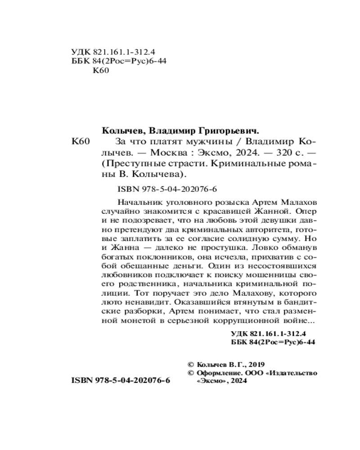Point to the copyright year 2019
pos(256,365)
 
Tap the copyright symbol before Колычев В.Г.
pos(189,365)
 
